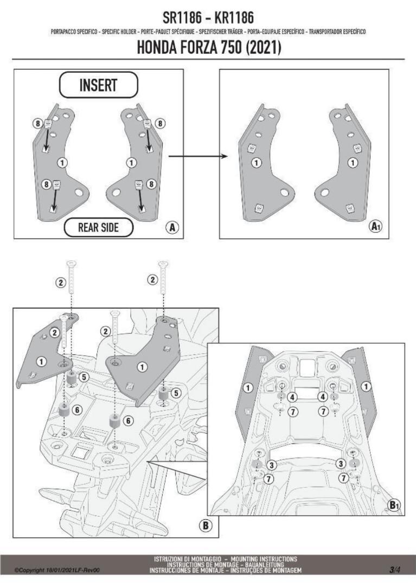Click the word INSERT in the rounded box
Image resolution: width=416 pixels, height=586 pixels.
pyautogui.click(x=98, y=85)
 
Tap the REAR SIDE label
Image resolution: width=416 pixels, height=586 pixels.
pyautogui.click(x=98, y=227)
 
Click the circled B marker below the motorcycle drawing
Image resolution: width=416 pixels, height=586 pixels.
pyautogui.click(x=206, y=525)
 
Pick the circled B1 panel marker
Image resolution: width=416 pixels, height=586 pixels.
pyautogui.click(x=394, y=504)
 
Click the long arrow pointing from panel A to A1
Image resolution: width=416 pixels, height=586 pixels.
pyautogui.click(x=197, y=157)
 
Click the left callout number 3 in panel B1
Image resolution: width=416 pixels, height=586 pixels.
pyautogui.click(x=272, y=464)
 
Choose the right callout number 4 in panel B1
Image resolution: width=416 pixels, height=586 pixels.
pyautogui.click(x=323, y=397)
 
